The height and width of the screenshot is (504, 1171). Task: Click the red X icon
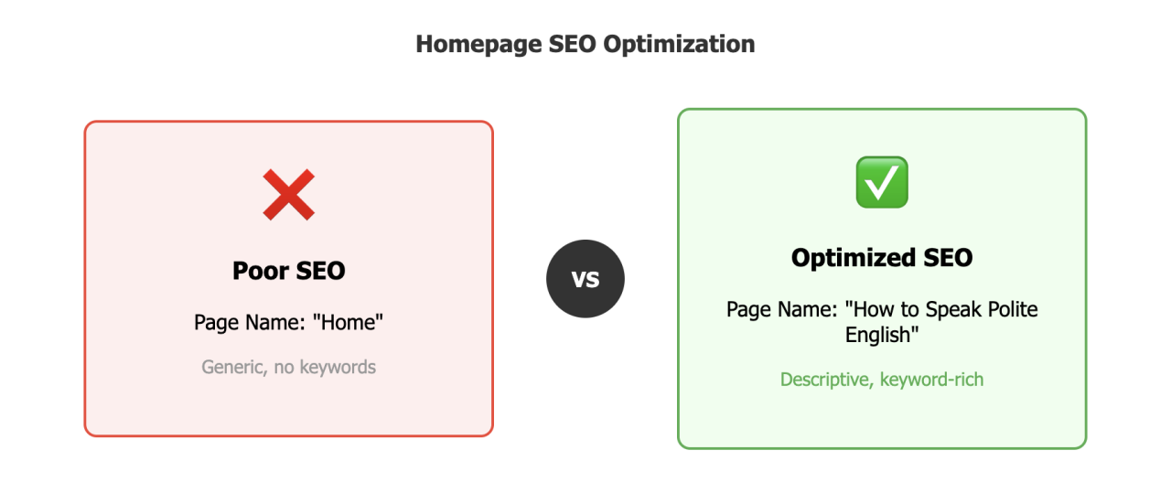pos(288,195)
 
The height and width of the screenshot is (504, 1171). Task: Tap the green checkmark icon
pos(881,181)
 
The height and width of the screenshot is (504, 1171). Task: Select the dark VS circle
pos(585,279)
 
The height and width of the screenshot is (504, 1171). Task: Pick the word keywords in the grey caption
pos(339,367)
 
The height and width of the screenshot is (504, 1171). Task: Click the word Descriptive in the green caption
pos(824,379)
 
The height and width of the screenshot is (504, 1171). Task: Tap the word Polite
pos(1008,309)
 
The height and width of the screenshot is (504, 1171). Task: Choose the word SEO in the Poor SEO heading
pos(317,271)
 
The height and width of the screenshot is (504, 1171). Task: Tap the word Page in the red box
pos(216,322)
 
